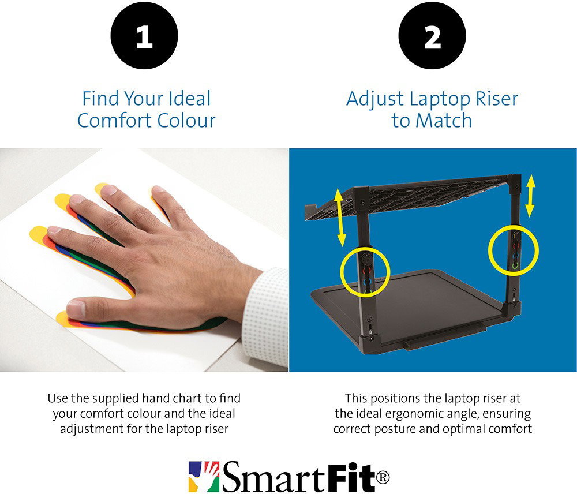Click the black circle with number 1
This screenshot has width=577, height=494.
[x=144, y=36]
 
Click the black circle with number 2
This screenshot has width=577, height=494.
[x=432, y=36]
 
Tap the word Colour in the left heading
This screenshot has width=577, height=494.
[x=186, y=121]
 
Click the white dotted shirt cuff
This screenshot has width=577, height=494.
[x=265, y=317]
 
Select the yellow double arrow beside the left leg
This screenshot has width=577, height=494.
[x=340, y=217]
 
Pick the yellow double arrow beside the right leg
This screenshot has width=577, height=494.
[x=530, y=196]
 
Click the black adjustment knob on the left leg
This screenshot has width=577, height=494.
[x=366, y=260]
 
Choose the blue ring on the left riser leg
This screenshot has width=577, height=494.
[x=368, y=282]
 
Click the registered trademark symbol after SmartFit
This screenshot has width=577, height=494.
[x=383, y=477]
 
